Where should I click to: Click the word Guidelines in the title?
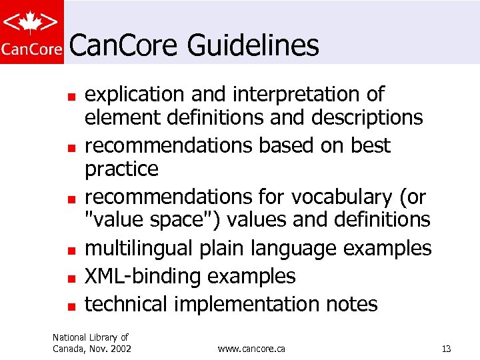click(253, 46)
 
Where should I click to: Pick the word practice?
click(121, 169)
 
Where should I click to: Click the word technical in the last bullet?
click(126, 304)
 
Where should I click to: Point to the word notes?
click(351, 304)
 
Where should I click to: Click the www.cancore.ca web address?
click(251, 349)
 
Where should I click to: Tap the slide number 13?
click(446, 349)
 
